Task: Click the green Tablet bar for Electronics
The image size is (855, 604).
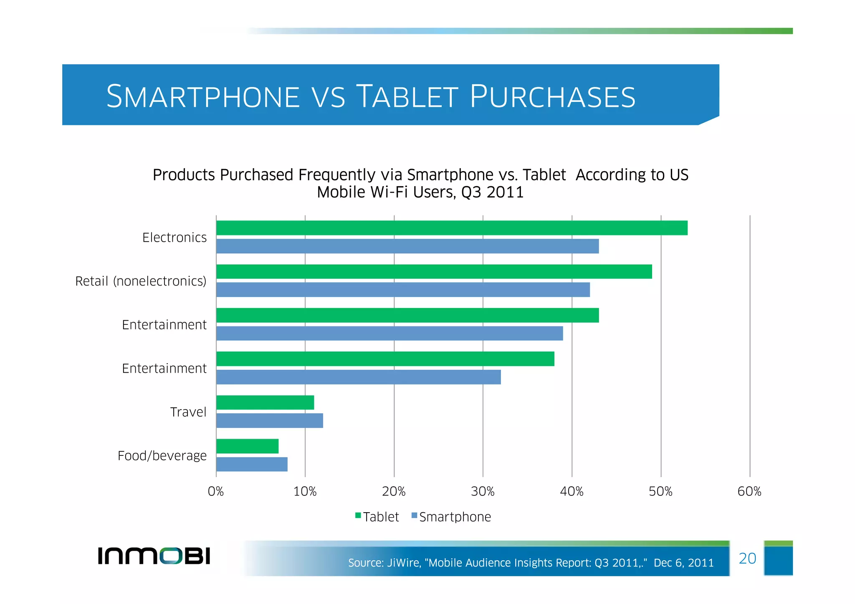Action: coord(452,228)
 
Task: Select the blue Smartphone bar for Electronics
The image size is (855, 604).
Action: coord(407,246)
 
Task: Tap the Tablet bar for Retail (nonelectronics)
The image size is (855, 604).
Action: coord(434,272)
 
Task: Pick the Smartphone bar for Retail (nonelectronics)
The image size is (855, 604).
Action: coord(403,290)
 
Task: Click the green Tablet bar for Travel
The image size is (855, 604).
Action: coord(265,402)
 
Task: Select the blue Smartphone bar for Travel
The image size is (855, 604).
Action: coord(270,421)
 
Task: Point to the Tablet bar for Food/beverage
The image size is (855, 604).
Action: coord(247,446)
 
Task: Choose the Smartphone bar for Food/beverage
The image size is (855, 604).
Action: coord(252,464)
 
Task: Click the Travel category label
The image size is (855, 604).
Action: coord(188,412)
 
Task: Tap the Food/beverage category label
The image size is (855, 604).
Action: coord(162,455)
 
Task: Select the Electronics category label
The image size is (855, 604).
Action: coord(175,238)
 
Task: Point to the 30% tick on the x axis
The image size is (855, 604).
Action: coord(483,492)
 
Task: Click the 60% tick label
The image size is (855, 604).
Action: coord(749,492)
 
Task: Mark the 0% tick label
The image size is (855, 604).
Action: coord(216,492)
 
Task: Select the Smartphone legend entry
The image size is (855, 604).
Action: coord(451,517)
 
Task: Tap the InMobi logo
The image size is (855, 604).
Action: coord(154,556)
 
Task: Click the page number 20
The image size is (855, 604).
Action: coord(747,559)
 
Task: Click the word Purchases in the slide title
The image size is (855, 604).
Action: coord(552,97)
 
